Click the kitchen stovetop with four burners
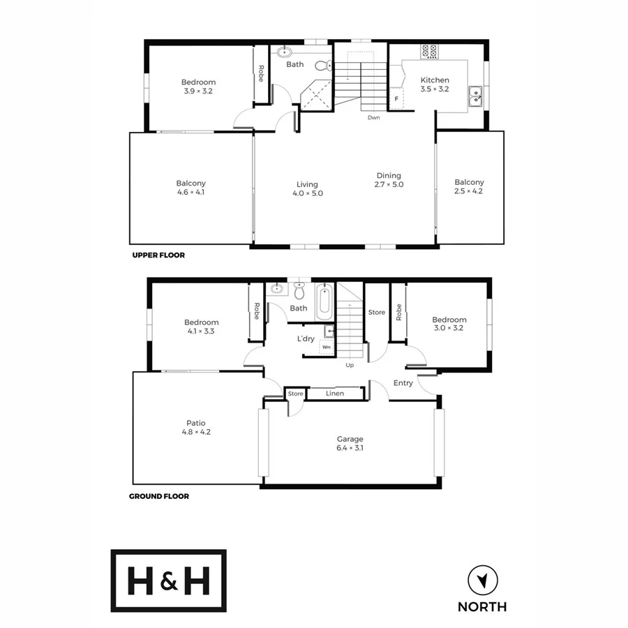click(430, 51)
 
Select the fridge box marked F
click(396, 99)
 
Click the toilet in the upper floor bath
click(322, 66)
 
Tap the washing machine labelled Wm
click(326, 347)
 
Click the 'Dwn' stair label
click(374, 117)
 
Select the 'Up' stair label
click(350, 365)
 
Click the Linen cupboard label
click(334, 394)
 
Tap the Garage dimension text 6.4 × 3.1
click(350, 448)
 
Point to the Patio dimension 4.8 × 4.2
click(195, 432)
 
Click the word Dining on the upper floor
click(389, 176)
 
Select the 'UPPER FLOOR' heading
click(158, 255)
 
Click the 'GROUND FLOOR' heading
click(159, 497)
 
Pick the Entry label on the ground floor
click(403, 383)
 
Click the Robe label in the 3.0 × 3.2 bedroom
click(398, 311)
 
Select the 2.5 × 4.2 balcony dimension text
click(469, 191)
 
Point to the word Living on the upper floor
click(307, 185)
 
